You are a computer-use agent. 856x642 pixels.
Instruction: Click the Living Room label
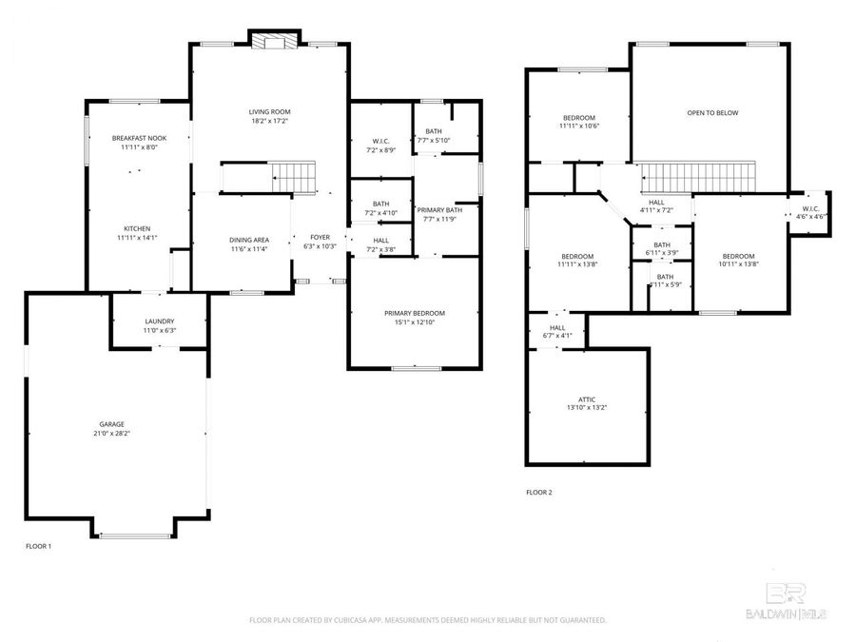269,112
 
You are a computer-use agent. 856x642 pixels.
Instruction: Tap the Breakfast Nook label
139,139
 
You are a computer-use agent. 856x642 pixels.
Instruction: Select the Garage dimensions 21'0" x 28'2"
112,433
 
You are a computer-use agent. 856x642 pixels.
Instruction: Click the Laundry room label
159,321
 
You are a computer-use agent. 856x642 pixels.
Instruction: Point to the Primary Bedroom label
414,313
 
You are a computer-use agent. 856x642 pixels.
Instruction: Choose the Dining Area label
242,240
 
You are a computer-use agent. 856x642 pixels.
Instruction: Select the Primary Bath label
440,210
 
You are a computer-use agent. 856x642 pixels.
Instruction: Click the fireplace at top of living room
275,40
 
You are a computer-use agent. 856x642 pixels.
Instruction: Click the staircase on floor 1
293,176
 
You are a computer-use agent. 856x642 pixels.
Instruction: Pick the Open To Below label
712,113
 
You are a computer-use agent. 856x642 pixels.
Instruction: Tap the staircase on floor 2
697,177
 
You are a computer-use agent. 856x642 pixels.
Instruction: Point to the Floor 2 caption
538,493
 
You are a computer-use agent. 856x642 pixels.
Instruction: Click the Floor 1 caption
38,546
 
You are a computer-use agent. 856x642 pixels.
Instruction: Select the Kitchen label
136,229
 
